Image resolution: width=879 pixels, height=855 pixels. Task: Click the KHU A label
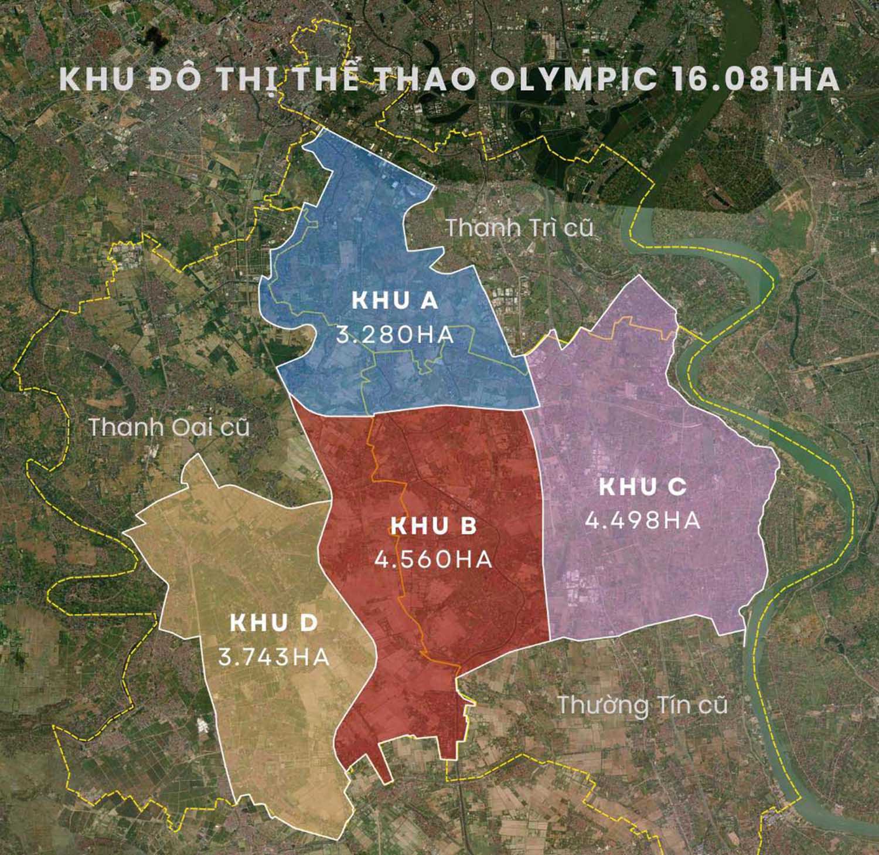pyautogui.click(x=394, y=301)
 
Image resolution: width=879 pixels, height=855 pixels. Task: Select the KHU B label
pyautogui.click(x=434, y=527)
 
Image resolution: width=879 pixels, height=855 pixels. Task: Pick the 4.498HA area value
pyautogui.click(x=643, y=520)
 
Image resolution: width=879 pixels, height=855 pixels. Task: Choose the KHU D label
pyautogui.click(x=274, y=623)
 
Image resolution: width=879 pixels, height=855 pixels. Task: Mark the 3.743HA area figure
pyautogui.click(x=274, y=656)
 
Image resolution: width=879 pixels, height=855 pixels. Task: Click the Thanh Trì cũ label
pyautogui.click(x=520, y=228)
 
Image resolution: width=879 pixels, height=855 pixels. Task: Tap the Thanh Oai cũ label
pyautogui.click(x=169, y=428)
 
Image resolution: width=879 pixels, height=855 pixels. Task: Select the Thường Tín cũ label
pyautogui.click(x=642, y=704)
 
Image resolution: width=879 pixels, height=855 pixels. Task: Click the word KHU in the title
pyautogui.click(x=93, y=80)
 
